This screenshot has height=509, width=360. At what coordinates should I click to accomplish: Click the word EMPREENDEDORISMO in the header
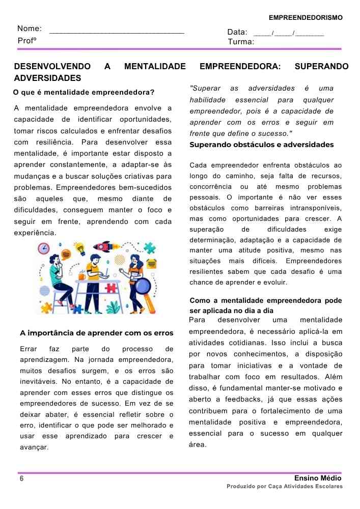(x=306, y=18)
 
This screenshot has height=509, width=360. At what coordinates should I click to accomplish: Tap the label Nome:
(x=30, y=29)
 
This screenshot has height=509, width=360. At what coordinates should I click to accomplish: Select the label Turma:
(x=241, y=42)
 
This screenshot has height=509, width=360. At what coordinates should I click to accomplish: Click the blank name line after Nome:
(x=117, y=32)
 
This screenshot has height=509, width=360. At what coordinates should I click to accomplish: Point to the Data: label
(x=237, y=32)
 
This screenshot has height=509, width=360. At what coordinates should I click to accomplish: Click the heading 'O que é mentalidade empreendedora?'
(x=84, y=93)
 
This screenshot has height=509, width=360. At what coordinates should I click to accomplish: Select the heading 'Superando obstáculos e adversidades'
(x=262, y=145)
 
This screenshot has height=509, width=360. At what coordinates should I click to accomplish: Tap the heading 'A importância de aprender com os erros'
(x=97, y=333)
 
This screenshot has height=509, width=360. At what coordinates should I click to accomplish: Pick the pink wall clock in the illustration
(x=44, y=249)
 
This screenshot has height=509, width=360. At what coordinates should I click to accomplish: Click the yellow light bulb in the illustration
(x=79, y=249)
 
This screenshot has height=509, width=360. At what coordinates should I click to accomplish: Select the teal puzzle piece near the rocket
(x=149, y=249)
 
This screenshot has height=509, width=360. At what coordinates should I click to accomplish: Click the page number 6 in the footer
(x=21, y=479)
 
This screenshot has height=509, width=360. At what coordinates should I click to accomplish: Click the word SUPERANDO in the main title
(x=321, y=67)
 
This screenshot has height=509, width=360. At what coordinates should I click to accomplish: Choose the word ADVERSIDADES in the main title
(x=47, y=78)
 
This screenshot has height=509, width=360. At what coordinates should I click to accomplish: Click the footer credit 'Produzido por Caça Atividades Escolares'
(x=285, y=487)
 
